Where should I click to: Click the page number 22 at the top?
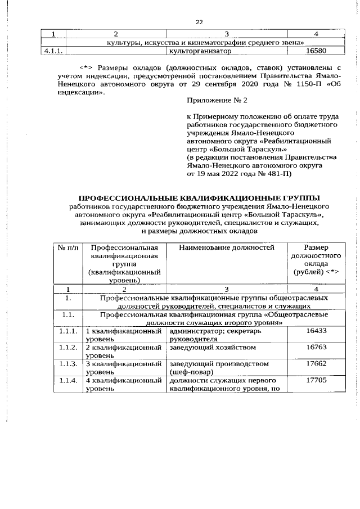pos(199,22)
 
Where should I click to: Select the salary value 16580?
pos(314,51)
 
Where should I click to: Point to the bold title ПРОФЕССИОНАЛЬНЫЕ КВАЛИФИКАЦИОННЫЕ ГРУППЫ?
pos(199,198)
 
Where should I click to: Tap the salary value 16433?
pos(316,332)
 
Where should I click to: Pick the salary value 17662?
pos(316,364)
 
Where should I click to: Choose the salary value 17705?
pos(316,380)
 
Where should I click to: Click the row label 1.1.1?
pos(67,332)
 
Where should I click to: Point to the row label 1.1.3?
pos(67,364)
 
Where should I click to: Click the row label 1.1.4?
pos(67,380)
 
